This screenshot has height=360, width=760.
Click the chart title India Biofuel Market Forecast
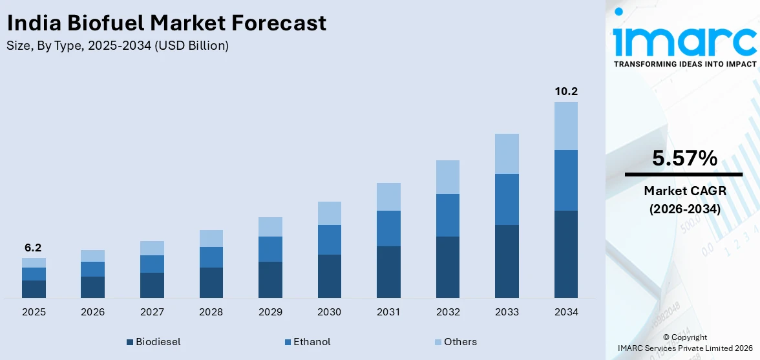pos(167,23)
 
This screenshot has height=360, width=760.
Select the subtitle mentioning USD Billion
pos(118,46)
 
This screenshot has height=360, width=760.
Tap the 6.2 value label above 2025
pos(34,248)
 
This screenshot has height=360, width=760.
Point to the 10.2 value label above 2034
pos(565,91)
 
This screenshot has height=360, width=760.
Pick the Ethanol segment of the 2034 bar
pos(565,180)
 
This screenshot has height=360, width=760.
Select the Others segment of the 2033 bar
pos(507,154)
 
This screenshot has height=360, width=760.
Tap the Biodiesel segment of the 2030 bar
pos(329,276)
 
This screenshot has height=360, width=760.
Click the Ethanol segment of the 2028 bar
pos(211,257)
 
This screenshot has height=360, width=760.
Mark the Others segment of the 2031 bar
pos(388,196)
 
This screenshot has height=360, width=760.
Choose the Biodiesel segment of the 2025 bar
pos(34,289)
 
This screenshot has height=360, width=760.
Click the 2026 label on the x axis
pos(93,312)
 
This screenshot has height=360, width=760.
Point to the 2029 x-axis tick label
pos(270,312)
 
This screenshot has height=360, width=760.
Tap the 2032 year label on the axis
pos(448,312)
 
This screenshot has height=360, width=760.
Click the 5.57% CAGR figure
pos(684,158)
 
